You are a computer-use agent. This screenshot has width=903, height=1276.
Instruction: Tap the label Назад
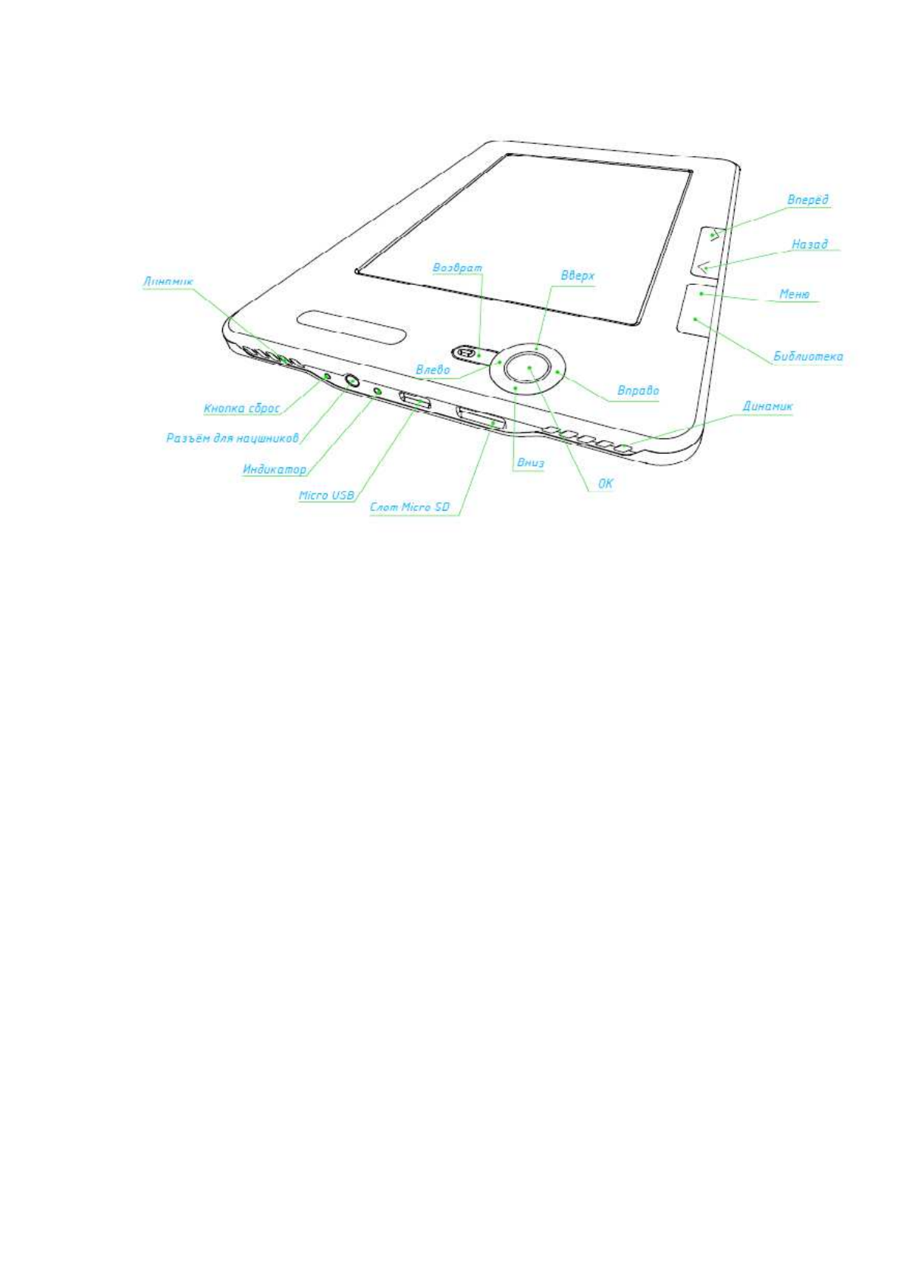[809, 245]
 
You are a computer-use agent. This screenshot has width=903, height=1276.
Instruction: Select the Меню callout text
[794, 294]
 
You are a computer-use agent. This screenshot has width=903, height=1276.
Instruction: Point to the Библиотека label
[807, 356]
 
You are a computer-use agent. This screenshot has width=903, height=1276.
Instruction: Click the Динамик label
[767, 406]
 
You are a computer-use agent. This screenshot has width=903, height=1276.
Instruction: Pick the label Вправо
[638, 392]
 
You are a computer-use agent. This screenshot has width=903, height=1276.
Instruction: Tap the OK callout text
[606, 483]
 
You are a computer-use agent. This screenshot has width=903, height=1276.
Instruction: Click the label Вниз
[530, 463]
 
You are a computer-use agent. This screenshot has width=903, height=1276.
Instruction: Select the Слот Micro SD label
[409, 507]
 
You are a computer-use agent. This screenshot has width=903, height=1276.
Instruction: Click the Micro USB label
[326, 496]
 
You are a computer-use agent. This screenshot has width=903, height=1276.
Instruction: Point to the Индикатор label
[274, 470]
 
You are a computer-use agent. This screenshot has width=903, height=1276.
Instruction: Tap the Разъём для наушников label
[232, 438]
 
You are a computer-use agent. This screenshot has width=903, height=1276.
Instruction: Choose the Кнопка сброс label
[242, 408]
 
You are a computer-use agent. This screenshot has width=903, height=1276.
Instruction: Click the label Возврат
[456, 267]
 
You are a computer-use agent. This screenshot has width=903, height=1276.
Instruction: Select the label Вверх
[577, 276]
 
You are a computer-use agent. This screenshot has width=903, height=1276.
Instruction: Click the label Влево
[432, 370]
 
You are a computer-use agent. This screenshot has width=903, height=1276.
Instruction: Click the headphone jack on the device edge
[353, 380]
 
